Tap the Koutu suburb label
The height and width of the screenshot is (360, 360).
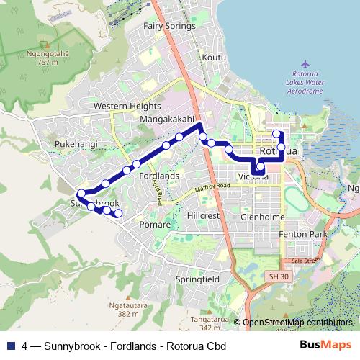point(214,57)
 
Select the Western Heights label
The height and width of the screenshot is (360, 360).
point(127,106)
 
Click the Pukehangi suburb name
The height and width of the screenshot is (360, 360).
point(76,144)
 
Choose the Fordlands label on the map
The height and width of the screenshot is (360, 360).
point(159,176)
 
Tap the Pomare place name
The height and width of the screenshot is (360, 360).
point(155,225)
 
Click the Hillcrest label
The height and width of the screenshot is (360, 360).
point(202,215)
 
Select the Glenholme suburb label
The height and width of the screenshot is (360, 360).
point(263,217)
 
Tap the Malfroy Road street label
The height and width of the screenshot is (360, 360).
point(212,188)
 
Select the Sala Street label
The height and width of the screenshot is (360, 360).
point(305,260)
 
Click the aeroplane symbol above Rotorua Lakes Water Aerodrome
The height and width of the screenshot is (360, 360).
point(305,63)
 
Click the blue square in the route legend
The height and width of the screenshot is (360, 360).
point(10,346)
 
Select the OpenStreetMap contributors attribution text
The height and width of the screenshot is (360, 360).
point(297,323)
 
